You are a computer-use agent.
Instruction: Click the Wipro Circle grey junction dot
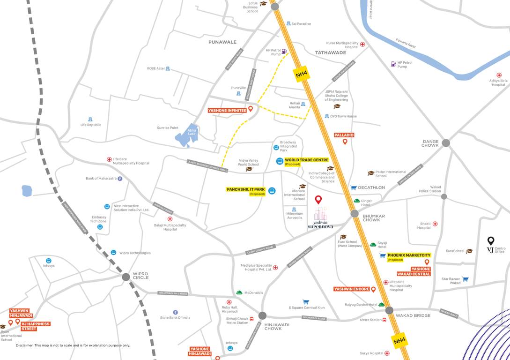click(x=126, y=277)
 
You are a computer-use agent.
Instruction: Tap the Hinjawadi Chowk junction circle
click(x=262, y=315)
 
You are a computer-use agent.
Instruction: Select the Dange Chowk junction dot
click(x=445, y=143)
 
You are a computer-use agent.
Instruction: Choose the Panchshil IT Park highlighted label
click(x=246, y=190)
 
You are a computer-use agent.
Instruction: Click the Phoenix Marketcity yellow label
click(x=409, y=255)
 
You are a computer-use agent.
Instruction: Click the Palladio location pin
click(x=345, y=142)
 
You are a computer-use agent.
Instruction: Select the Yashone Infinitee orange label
click(x=227, y=111)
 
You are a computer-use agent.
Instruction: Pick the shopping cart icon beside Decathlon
click(x=354, y=187)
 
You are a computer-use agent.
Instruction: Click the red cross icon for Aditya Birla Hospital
click(x=499, y=75)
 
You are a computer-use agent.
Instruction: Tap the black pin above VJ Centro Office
click(x=490, y=241)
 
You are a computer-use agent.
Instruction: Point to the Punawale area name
click(x=222, y=42)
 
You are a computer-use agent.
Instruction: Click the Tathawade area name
click(x=331, y=52)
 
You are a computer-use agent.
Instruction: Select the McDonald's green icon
click(x=239, y=292)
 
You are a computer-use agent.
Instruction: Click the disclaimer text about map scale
click(x=73, y=345)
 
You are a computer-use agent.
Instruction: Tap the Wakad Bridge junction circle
click(x=390, y=310)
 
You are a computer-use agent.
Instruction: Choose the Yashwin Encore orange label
click(x=352, y=289)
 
